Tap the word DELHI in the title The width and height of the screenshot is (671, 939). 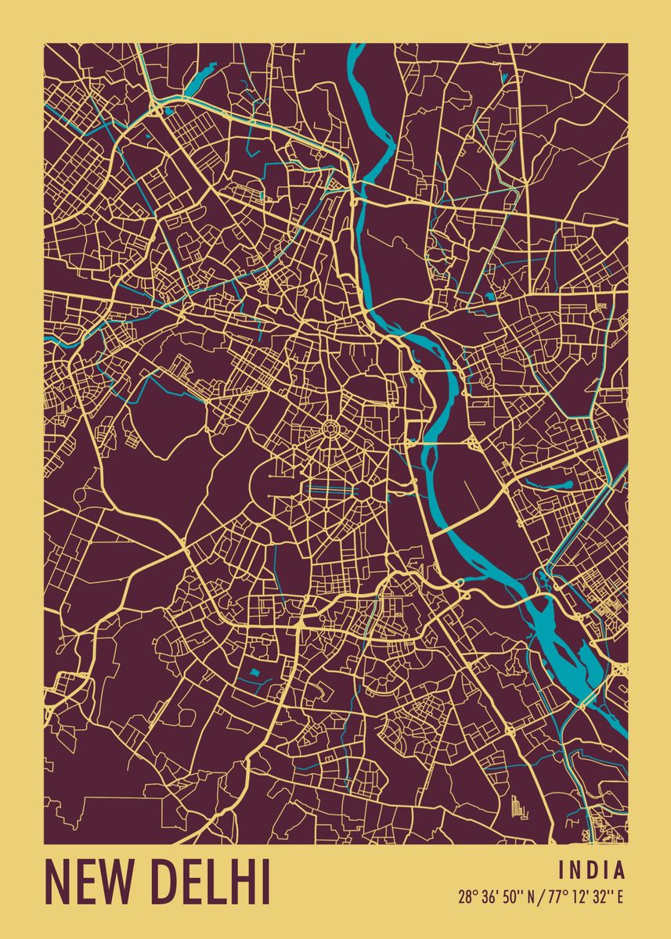click(x=210, y=882)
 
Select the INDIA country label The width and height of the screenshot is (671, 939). click(x=592, y=870)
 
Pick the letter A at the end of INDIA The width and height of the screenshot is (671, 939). click(x=620, y=870)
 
